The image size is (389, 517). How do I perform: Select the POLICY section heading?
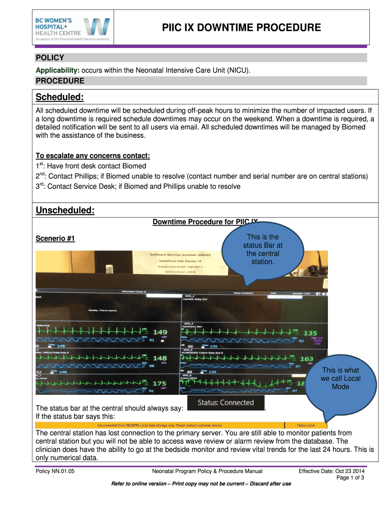coord(49,58)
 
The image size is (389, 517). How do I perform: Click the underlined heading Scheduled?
coord(59,96)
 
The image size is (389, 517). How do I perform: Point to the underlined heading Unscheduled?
coord(65,210)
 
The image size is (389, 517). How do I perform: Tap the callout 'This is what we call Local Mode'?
coord(340,378)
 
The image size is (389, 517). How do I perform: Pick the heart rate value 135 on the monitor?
coord(310,333)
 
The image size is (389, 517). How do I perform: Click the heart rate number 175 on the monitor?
coord(159,384)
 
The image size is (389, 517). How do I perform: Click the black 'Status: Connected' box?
coord(225,403)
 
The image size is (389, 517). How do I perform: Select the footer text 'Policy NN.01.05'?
coord(55,471)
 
